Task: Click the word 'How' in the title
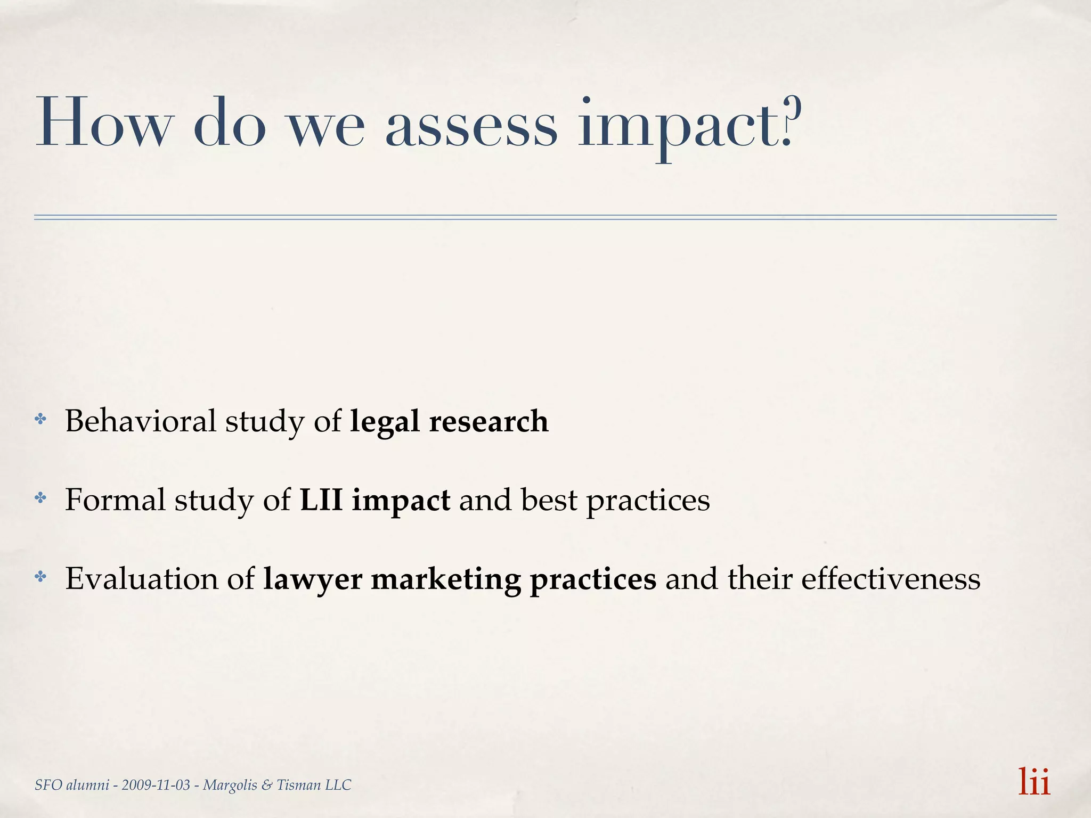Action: [104, 124]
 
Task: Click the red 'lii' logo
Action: [1034, 782]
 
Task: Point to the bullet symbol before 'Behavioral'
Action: [40, 420]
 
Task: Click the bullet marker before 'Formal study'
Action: [40, 498]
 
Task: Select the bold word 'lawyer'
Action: [313, 579]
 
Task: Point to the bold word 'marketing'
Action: [446, 579]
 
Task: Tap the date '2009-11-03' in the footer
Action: [156, 785]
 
